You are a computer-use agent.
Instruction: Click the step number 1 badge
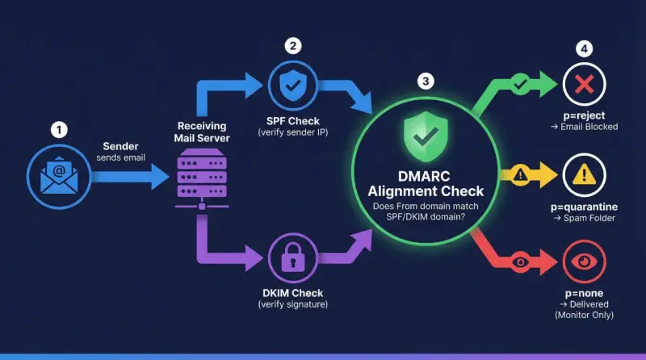[59, 130]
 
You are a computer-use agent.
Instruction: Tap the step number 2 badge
[293, 46]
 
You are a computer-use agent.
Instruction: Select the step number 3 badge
[426, 82]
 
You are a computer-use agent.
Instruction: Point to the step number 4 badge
[584, 49]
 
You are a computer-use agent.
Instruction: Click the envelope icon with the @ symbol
[59, 175]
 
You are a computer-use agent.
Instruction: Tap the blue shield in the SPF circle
[293, 86]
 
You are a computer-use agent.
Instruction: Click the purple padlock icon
[293, 257]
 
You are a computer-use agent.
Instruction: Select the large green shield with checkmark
[426, 136]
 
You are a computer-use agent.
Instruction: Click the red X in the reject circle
[584, 84]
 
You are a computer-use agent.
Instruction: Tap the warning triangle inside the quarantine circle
[584, 174]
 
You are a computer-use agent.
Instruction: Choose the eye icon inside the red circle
[584, 262]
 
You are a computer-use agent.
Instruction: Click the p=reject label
[584, 115]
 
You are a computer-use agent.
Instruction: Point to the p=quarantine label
[584, 207]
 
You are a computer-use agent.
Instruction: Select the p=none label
[584, 293]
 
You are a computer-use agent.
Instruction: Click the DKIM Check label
[293, 293]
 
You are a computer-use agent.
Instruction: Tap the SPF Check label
[293, 121]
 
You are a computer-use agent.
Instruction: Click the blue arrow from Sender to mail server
[130, 177]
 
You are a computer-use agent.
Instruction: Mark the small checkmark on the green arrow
[520, 84]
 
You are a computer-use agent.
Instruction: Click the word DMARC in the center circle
[424, 176]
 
